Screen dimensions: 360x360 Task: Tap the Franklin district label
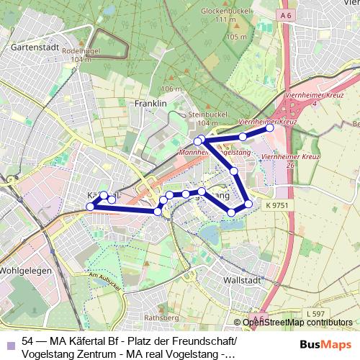click(150, 104)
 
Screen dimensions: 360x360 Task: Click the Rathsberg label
click(161, 317)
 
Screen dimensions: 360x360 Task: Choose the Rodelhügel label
click(81, 51)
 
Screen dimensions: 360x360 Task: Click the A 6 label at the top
click(287, 14)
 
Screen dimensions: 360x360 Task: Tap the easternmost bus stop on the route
click(271, 128)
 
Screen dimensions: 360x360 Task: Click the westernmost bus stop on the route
click(91, 207)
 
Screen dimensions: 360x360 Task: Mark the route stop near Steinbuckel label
click(199, 141)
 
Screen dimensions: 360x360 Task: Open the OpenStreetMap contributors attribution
click(297, 323)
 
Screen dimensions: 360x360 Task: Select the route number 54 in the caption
click(29, 341)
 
